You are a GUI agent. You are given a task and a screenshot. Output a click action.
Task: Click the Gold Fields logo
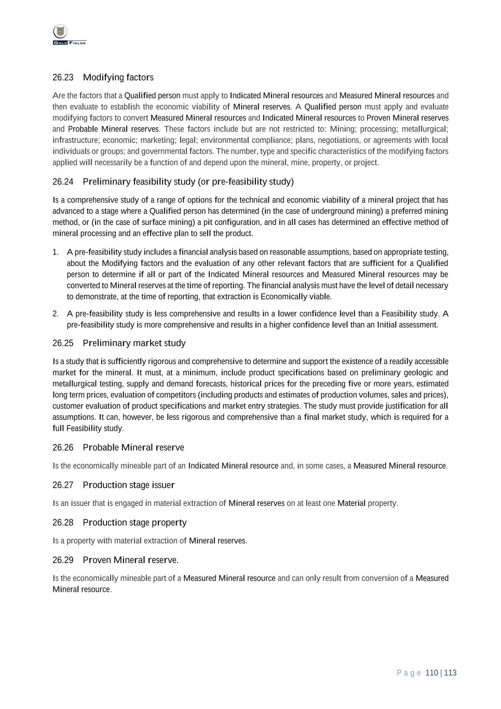click(69, 35)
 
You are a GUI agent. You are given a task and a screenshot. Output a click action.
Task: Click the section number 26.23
click(63, 77)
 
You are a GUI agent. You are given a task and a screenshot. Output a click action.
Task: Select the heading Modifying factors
click(118, 77)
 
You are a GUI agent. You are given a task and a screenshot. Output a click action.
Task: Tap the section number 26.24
click(63, 182)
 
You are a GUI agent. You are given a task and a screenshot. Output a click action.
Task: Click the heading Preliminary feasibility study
click(188, 182)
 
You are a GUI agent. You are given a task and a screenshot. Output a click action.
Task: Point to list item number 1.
click(55, 252)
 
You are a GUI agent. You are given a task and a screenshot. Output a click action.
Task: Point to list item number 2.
click(55, 314)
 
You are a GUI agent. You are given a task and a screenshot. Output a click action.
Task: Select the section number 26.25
click(63, 343)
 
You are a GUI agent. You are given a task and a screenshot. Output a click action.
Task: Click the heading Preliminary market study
click(134, 343)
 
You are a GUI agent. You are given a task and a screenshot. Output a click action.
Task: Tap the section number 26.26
click(63, 448)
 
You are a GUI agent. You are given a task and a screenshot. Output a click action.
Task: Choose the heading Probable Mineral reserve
click(133, 448)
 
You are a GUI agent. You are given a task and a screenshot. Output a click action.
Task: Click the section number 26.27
click(63, 485)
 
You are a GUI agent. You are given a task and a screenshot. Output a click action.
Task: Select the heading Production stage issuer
click(129, 485)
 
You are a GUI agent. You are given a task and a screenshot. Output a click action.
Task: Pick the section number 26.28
click(63, 523)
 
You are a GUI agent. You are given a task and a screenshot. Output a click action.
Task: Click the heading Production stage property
click(134, 523)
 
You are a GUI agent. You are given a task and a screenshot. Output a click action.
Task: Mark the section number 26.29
click(63, 560)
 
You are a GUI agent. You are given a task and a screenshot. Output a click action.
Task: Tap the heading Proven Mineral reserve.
click(130, 560)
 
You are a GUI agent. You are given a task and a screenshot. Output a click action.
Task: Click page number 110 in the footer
click(431, 673)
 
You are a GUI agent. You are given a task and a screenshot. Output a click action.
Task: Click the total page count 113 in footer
click(450, 673)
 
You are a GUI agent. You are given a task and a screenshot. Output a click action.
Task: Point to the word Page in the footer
click(409, 673)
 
